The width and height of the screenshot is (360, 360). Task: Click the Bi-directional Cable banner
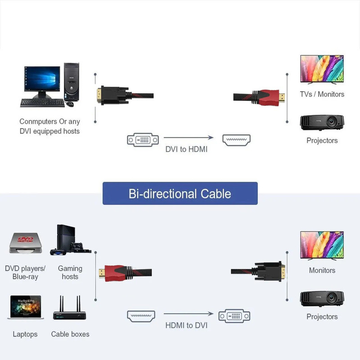[180, 193]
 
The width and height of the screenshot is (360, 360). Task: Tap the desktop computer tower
[72, 83]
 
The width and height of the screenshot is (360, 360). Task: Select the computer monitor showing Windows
[41, 82]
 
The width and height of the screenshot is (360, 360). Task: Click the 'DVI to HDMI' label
[186, 149]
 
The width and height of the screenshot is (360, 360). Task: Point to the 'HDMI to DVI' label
[186, 325]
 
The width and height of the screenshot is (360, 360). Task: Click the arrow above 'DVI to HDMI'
[188, 138]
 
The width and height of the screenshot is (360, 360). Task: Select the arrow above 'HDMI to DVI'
[188, 314]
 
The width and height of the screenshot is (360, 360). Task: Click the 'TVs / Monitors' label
[322, 94]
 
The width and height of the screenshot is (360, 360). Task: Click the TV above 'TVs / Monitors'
[322, 70]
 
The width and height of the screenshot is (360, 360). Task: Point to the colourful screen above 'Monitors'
[322, 246]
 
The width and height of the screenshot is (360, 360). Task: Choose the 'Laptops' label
[25, 334]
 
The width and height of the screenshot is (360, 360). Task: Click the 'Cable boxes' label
[70, 334]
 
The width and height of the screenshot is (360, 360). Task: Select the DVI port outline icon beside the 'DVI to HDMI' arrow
[143, 139]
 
